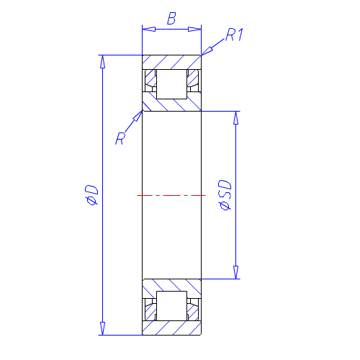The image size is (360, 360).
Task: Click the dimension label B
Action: (171, 19)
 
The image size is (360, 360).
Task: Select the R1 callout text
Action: (235, 35)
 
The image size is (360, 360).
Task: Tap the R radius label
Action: (120, 138)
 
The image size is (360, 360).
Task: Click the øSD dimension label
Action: (225, 195)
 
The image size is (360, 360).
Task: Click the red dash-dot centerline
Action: (171, 196)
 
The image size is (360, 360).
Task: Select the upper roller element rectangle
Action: (171, 84)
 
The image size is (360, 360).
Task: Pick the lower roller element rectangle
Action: (171, 306)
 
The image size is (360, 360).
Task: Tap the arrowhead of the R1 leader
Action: (207, 51)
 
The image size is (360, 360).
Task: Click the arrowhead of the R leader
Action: (138, 116)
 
